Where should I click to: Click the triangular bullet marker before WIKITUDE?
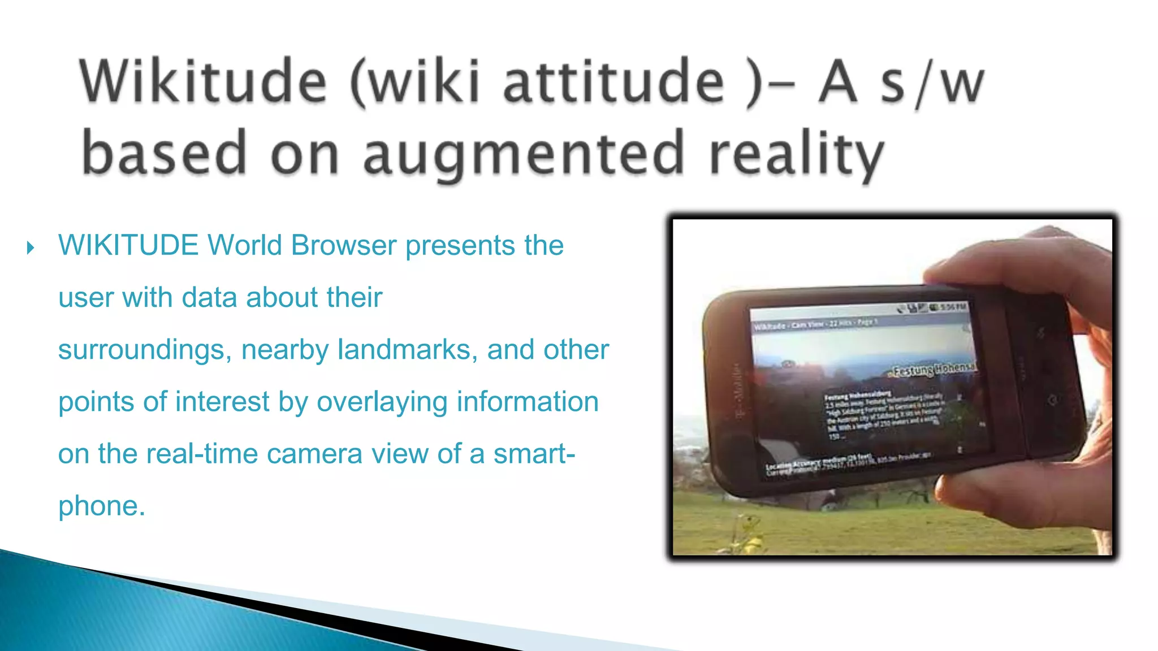tap(31, 248)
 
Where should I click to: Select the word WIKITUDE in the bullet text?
tap(128, 245)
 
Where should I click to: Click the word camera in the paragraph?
tap(314, 454)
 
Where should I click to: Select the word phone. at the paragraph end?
tap(102, 506)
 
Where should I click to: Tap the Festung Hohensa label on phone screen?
tap(933, 369)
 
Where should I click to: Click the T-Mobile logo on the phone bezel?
tap(738, 390)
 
